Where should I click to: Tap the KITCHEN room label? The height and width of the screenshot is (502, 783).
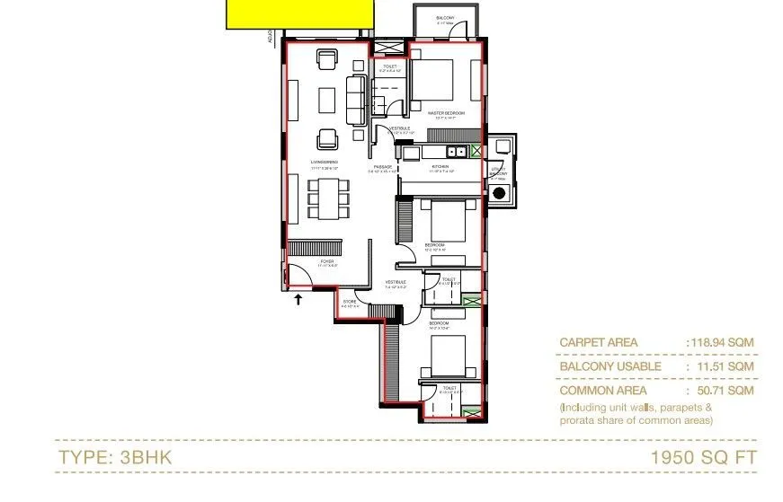440,167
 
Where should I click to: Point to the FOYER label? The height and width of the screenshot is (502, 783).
327,261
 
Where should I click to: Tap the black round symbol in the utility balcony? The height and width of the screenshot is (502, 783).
499,192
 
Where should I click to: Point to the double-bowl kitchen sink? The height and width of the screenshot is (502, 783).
457,151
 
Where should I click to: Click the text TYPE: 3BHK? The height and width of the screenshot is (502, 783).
114,457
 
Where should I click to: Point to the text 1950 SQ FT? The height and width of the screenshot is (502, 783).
704,457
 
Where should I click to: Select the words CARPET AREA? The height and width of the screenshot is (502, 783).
598,342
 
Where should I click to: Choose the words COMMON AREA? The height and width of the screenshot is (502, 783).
599,391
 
